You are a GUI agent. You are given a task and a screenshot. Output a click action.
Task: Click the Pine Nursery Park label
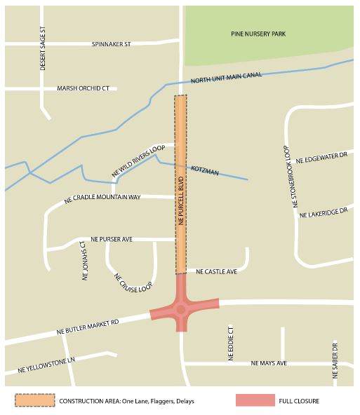(258, 34)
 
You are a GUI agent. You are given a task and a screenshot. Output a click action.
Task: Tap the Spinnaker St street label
(111, 44)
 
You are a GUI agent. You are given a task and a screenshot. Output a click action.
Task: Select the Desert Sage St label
(42, 48)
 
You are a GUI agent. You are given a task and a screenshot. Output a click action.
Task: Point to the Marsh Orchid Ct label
(84, 89)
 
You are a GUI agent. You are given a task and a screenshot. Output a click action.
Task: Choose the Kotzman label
(205, 172)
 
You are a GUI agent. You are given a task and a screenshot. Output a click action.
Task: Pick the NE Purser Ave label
(107, 239)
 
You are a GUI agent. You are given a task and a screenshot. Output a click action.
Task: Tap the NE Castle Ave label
(216, 271)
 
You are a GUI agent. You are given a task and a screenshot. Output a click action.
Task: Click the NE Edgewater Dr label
(322, 161)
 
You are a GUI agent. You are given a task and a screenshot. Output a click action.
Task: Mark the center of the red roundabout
(181, 308)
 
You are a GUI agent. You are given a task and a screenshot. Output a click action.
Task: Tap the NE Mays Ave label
(269, 363)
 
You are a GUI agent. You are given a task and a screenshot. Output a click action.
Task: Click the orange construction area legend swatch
(35, 400)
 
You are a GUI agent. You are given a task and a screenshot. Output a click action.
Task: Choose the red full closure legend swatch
(255, 400)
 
